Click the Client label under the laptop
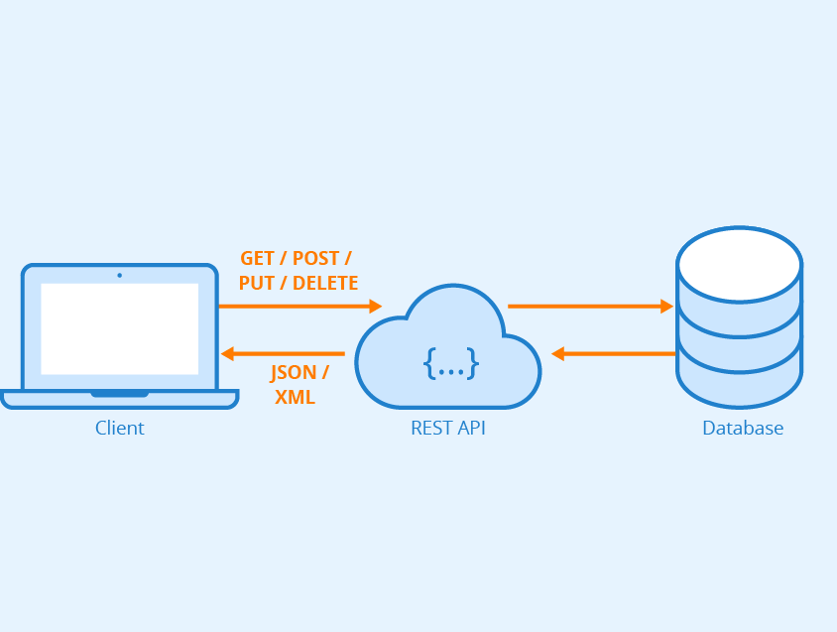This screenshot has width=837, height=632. tap(119, 429)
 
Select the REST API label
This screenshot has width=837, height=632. tap(448, 429)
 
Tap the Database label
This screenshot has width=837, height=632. tap(743, 429)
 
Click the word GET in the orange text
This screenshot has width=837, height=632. tap(258, 259)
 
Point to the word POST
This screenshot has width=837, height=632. tap(315, 259)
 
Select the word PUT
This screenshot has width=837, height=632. tap(255, 283)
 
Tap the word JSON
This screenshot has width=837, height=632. tap(294, 373)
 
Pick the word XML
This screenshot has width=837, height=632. tap(295, 397)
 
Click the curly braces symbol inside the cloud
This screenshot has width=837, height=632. tap(451, 363)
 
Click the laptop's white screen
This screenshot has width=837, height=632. tap(119, 328)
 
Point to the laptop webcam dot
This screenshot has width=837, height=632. tap(119, 275)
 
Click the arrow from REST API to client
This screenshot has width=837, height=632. tap(283, 353)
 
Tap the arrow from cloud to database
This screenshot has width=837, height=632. tap(590, 307)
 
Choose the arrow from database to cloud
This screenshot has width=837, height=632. tap(614, 353)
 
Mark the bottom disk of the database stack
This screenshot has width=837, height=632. tap(739, 386)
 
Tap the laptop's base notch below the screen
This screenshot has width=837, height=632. tap(119, 394)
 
